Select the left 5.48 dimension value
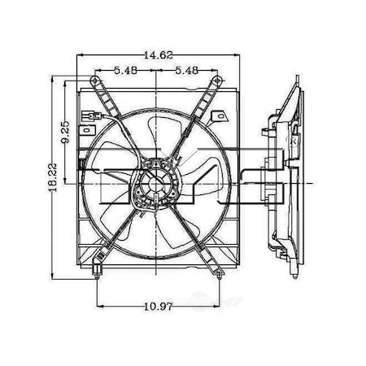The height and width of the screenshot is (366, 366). (x=125, y=71)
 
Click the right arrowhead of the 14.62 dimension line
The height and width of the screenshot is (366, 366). (x=237, y=56)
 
